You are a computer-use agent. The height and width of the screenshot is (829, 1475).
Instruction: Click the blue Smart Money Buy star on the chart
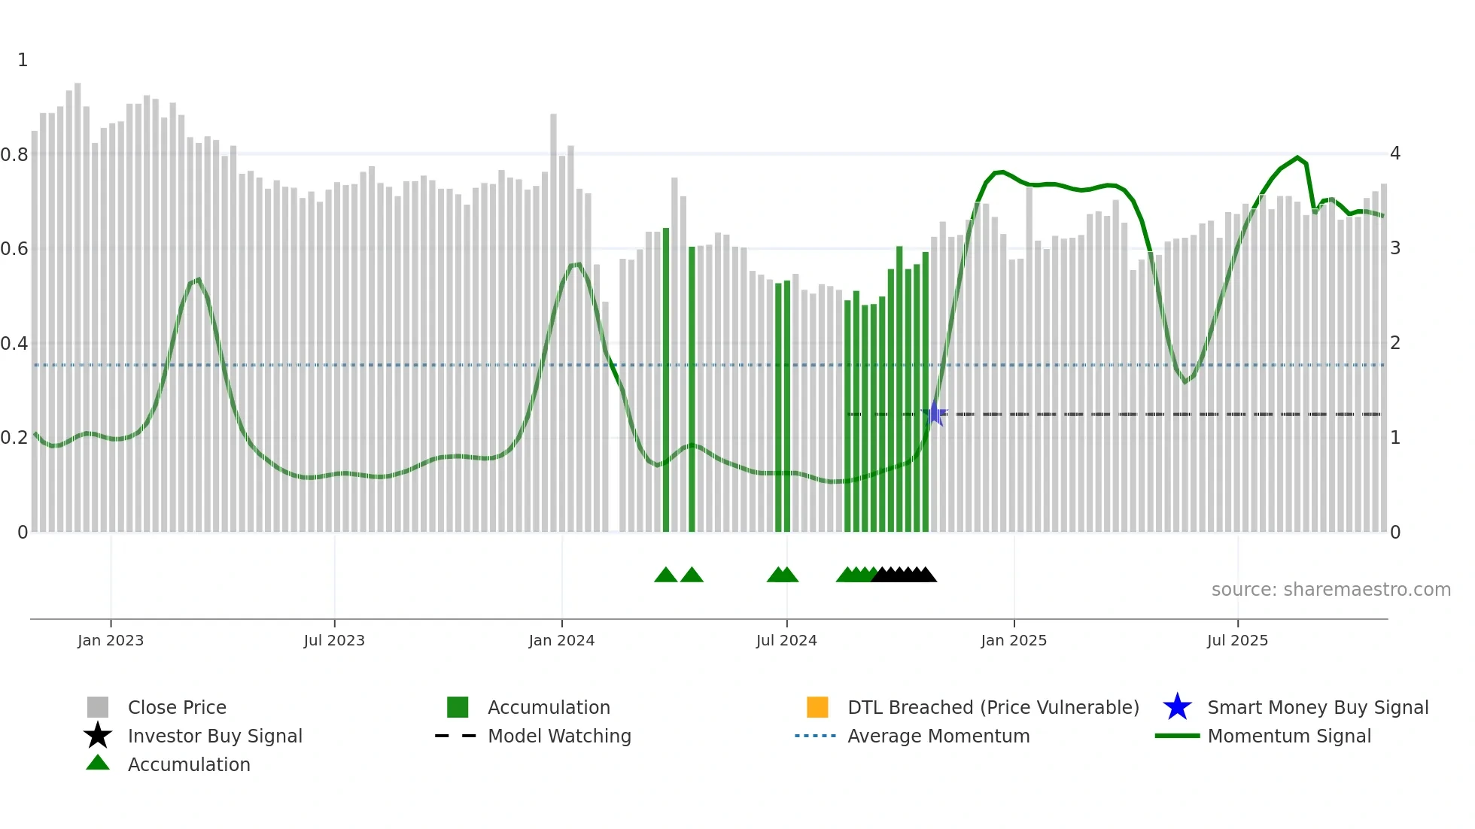[934, 413]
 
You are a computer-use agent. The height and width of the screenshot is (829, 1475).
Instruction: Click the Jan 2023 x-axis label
[111, 640]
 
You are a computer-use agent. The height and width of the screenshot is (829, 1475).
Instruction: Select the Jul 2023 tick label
[334, 640]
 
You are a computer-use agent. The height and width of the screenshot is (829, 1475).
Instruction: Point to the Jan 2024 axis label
[561, 640]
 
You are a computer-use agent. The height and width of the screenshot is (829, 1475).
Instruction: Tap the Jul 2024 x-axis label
[786, 640]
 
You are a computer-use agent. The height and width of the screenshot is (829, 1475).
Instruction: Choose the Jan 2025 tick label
[1014, 640]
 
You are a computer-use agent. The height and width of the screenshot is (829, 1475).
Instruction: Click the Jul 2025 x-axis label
[1237, 640]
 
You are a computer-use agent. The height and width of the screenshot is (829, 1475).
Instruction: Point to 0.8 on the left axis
[14, 155]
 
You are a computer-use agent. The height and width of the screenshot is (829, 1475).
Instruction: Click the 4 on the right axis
[1395, 153]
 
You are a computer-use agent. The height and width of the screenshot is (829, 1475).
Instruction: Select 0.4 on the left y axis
[14, 344]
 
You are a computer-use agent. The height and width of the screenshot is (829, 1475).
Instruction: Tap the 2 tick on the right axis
[1395, 343]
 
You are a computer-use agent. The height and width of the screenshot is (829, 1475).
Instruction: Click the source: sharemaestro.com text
[1331, 590]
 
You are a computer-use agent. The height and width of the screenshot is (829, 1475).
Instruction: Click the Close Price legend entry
[177, 707]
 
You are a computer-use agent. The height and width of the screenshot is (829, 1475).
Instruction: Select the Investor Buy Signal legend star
[98, 736]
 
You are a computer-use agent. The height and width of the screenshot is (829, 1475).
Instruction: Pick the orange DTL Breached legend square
[817, 707]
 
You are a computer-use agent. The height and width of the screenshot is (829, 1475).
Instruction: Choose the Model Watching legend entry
[559, 736]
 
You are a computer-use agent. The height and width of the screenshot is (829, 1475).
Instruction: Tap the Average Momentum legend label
[938, 736]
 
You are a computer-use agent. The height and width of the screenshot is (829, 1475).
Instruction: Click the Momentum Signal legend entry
[1289, 736]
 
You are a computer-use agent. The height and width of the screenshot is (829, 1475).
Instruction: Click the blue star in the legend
[1177, 707]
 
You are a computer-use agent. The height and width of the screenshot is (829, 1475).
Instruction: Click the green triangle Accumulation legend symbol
[98, 763]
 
